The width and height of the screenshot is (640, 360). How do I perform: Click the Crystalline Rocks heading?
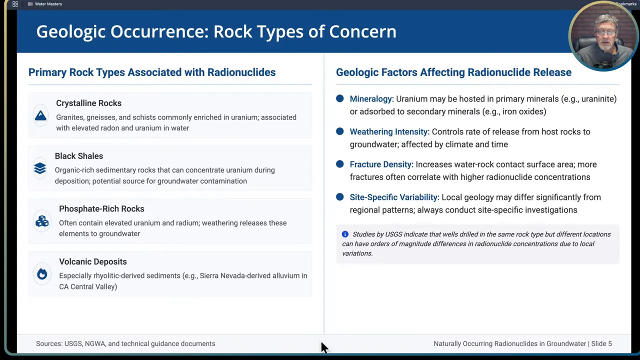pyautogui.click(x=88, y=103)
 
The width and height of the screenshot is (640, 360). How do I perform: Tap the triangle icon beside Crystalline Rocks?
pyautogui.click(x=40, y=116)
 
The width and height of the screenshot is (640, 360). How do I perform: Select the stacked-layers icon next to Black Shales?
pyautogui.click(x=40, y=168)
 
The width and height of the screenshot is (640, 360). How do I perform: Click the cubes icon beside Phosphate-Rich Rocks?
pyautogui.click(x=42, y=221)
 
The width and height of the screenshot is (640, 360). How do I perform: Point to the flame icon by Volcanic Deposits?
pyautogui.click(x=42, y=273)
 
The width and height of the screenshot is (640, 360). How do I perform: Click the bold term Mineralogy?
pyautogui.click(x=371, y=99)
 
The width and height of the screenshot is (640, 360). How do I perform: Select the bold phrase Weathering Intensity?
pyautogui.click(x=389, y=132)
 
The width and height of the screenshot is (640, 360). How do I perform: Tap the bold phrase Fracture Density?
pyautogui.click(x=381, y=164)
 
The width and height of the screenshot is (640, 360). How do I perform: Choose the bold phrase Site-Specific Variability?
pyautogui.click(x=394, y=197)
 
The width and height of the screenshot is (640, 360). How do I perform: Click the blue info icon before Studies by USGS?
pyautogui.click(x=345, y=234)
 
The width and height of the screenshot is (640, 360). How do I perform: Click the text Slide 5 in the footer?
pyautogui.click(x=601, y=343)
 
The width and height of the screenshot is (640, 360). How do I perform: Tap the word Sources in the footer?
pyautogui.click(x=49, y=343)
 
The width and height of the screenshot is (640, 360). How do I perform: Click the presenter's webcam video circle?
pyautogui.click(x=603, y=36)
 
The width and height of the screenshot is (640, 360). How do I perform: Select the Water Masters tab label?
pyautogui.click(x=48, y=4)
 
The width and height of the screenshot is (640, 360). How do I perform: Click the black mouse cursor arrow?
pyautogui.click(x=324, y=347)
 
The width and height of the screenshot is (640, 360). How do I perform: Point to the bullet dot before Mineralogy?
pyautogui.click(x=340, y=99)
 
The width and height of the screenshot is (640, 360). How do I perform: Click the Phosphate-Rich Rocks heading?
pyautogui.click(x=101, y=208)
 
